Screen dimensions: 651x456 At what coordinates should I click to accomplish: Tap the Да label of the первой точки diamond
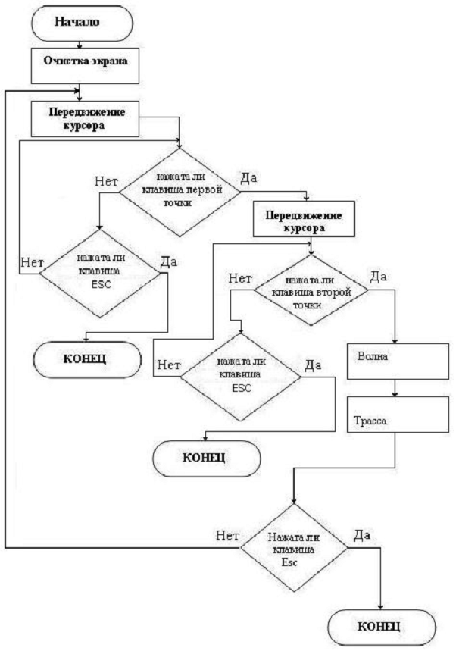249,179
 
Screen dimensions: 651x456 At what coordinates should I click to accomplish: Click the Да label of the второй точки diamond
378,277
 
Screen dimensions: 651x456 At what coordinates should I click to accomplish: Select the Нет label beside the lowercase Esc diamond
227,534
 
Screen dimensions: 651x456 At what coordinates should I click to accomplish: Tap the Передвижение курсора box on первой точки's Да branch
303,221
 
